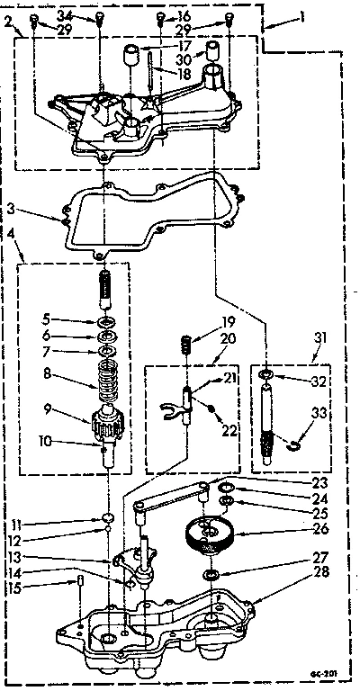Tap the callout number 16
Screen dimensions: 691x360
point(184,16)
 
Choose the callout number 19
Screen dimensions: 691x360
point(203,320)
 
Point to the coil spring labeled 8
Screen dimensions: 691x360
point(107,372)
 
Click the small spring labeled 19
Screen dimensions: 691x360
point(185,344)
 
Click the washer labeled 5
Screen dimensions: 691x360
point(106,321)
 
